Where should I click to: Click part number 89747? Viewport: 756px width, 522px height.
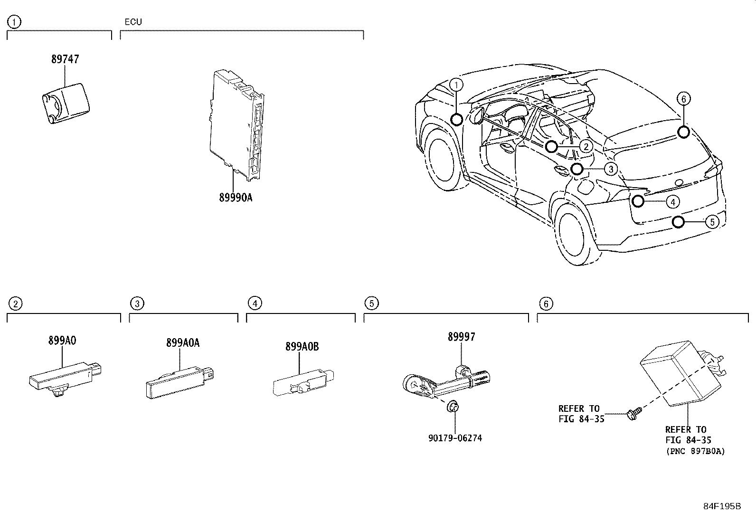[x=65, y=59]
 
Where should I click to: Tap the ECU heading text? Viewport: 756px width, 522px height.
[x=133, y=22]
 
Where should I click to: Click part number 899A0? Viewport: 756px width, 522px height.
[x=62, y=341]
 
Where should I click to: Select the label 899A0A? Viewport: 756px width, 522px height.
[x=183, y=343]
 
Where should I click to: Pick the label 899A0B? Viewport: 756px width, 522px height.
[x=302, y=347]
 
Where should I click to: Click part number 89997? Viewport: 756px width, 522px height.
[x=461, y=337]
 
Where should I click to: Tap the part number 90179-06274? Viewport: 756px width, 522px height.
[x=455, y=438]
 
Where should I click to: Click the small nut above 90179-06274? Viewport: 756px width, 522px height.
[x=453, y=407]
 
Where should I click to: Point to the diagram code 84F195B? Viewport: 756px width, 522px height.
[x=722, y=506]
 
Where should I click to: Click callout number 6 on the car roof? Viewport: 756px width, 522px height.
[x=683, y=99]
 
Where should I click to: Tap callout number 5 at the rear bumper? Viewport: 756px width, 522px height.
[x=712, y=221]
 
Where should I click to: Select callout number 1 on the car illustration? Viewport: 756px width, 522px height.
[x=456, y=85]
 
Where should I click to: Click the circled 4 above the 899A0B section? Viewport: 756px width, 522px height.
[x=255, y=303]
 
